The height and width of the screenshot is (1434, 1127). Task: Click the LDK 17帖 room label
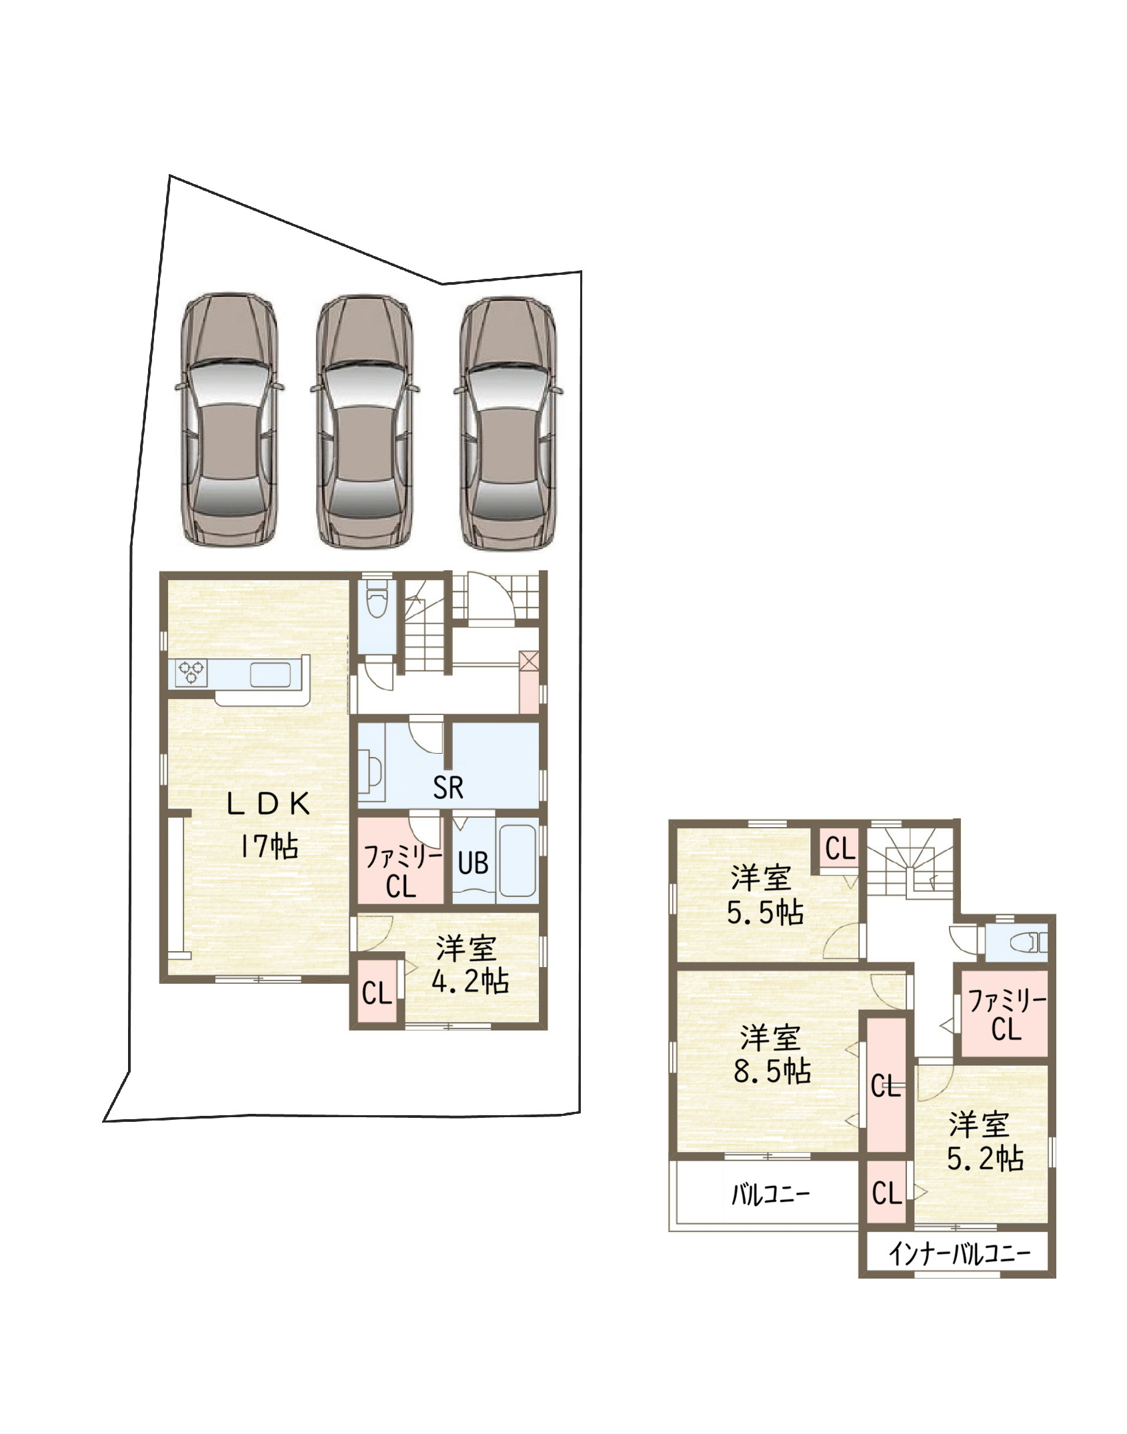[268, 826]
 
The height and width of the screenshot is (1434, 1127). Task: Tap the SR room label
[447, 788]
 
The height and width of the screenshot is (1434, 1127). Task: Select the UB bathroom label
[473, 863]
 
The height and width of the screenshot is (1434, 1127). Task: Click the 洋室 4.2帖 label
[469, 966]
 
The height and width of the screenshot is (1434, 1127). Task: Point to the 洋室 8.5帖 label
[772, 1055]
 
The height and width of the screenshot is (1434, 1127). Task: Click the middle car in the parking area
[365, 422]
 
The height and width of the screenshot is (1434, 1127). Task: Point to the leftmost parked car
[229, 419]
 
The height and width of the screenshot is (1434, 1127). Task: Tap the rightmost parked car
[508, 424]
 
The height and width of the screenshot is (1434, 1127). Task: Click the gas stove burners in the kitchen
[192, 672]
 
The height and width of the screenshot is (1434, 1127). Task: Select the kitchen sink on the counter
[271, 674]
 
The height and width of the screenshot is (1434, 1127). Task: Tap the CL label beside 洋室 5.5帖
[840, 849]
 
